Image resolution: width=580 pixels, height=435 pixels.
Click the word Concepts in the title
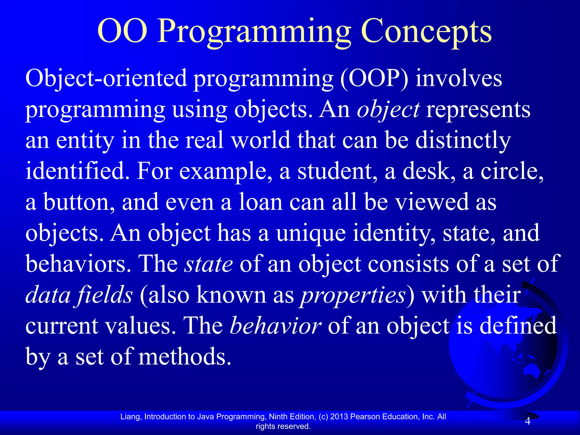426,32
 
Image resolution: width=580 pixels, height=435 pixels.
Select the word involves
459,78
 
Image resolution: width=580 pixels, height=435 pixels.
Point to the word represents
478,110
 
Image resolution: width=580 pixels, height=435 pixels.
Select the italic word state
208,264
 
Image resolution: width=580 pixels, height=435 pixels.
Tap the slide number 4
527,421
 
